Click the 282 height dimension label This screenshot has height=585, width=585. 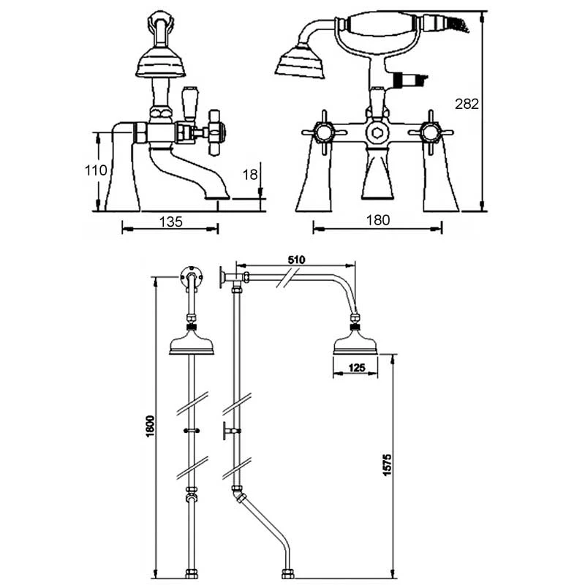coord(467,104)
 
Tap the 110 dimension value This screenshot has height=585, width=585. coord(95,170)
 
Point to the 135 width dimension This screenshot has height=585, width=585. coord(170,221)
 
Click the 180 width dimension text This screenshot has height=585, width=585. coord(377,220)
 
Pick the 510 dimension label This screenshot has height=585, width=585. coord(296,259)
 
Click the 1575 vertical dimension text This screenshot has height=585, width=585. coord(388,465)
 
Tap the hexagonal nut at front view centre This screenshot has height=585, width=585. coord(377,133)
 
